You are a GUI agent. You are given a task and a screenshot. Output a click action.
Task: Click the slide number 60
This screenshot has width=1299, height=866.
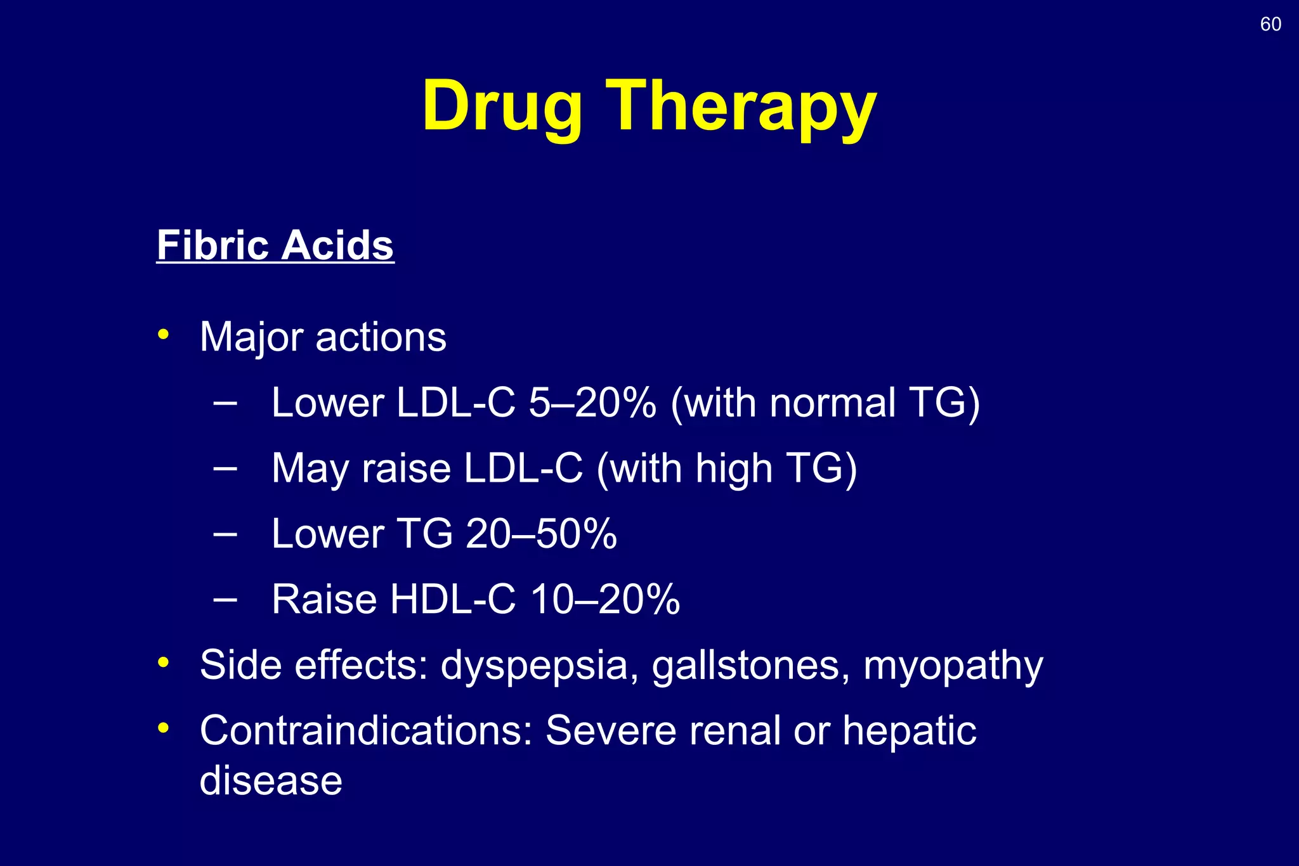tap(1270, 24)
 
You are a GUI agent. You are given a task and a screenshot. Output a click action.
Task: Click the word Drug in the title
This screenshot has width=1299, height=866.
tap(502, 106)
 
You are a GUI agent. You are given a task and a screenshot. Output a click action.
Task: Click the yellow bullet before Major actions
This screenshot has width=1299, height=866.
tap(164, 334)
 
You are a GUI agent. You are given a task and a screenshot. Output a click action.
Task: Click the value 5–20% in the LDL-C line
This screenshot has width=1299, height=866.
tap(592, 403)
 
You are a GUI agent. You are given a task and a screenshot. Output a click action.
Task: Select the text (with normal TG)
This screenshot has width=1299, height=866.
tap(825, 403)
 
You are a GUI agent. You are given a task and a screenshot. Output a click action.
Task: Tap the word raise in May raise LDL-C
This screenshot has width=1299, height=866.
tap(406, 469)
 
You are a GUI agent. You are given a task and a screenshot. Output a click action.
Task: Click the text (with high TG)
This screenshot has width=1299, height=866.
tap(727, 469)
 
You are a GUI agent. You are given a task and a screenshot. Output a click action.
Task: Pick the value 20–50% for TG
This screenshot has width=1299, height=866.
tap(541, 534)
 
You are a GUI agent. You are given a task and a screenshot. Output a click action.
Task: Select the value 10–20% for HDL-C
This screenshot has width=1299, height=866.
tap(605, 600)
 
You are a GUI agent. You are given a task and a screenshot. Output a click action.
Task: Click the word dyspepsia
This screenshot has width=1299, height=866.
tap(534, 666)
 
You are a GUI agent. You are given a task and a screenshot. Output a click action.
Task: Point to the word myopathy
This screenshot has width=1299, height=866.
tap(953, 666)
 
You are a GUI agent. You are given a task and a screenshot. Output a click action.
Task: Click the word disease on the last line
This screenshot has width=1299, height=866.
tap(271, 780)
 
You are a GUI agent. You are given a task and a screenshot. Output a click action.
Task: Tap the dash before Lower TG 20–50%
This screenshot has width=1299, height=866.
tap(225, 534)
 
